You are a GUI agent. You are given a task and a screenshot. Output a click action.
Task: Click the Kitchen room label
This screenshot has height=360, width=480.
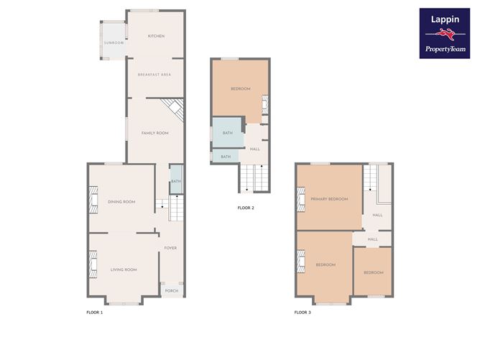coord(156,36)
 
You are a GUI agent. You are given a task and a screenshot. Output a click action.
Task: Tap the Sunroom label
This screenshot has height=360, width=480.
coord(114,43)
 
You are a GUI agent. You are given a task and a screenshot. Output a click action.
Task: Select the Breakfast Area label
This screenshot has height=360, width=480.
coord(154,75)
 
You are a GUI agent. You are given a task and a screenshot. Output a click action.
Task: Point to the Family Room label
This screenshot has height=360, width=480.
coord(155,133)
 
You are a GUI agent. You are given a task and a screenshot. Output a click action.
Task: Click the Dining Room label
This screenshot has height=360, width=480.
coord(121,202)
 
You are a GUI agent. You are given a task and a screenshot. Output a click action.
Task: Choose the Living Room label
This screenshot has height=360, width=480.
coord(124,269)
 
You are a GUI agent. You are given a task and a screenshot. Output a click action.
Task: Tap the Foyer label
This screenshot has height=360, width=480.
coord(170,248)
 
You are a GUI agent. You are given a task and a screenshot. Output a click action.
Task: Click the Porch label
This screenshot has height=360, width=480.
coord(172,291)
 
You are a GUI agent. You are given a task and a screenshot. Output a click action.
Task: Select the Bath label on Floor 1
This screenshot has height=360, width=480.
coord(176,181)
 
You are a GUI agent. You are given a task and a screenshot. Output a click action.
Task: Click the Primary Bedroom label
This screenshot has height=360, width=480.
coord(329,199)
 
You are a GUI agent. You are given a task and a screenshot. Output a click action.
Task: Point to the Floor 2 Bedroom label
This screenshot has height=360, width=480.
coord(241,89)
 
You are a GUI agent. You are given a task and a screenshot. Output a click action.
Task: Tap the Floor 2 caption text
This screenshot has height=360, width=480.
coord(246,208)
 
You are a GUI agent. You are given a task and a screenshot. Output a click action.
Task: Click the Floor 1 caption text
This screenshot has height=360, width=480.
coord(95,313)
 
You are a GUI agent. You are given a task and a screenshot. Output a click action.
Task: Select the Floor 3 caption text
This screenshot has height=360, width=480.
coord(303,313)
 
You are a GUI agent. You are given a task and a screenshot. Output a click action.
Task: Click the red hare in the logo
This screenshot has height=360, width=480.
coord(446,34)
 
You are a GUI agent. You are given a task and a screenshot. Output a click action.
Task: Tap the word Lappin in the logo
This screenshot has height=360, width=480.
coord(445,19)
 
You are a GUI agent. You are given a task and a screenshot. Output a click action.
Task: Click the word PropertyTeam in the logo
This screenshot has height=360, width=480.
coord(446,49)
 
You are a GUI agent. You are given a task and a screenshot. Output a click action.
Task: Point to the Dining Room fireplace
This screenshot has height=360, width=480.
coord(93,200)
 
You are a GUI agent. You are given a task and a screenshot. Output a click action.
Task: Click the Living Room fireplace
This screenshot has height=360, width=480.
coord(93,264)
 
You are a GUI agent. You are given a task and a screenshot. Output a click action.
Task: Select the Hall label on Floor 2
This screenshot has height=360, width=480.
coord(254,149)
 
